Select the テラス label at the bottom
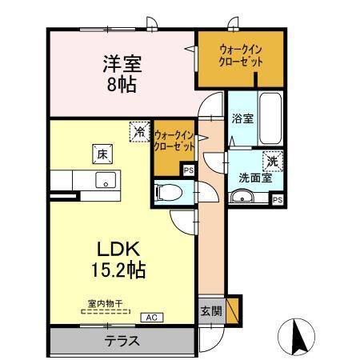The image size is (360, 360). click(x=122, y=340)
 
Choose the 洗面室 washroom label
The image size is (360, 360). click(x=254, y=178)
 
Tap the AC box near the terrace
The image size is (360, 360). click(x=150, y=318)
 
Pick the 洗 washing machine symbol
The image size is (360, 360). click(x=274, y=160)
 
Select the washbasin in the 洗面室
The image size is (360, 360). click(x=246, y=199)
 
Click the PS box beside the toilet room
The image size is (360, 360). click(x=188, y=170)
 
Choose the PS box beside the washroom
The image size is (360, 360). click(x=277, y=200)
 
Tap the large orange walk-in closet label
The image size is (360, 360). click(x=241, y=56)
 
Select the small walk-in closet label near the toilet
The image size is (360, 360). click(x=174, y=142)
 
